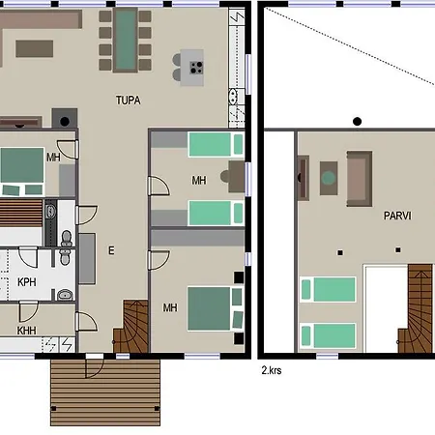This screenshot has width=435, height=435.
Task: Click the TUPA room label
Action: click(x=129, y=101)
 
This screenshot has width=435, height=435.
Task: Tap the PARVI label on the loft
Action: click(x=397, y=216)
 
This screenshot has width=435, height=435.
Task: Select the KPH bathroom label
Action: click(x=27, y=282)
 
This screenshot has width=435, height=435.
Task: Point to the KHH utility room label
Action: click(x=26, y=331)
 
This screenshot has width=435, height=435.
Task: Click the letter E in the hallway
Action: click(x=111, y=250)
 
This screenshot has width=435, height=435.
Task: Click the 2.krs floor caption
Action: click(x=272, y=370)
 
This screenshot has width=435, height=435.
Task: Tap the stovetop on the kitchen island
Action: click(x=196, y=68)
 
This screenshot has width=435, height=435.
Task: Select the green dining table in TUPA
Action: click(x=126, y=40)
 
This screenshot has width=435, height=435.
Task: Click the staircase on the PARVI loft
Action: click(x=415, y=308)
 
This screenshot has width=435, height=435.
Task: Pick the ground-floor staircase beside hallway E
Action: click(x=130, y=326)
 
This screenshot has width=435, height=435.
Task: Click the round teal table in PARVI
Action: click(x=329, y=178)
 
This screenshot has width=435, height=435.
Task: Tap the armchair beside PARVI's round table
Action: click(x=360, y=179)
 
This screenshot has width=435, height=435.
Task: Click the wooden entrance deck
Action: click(x=105, y=392)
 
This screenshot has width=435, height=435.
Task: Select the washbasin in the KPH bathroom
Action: click(x=66, y=295)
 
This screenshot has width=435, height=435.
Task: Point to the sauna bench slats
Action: click(x=21, y=213)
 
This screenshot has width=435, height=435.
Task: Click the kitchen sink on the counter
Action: click(x=233, y=97)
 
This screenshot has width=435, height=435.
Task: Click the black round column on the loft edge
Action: click(x=357, y=122)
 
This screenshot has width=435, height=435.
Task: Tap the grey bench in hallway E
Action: click(x=87, y=259)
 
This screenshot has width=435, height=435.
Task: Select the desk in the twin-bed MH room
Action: click(x=237, y=177)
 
